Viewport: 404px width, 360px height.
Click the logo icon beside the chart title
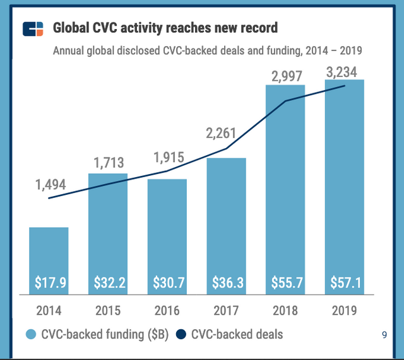pos(33,29)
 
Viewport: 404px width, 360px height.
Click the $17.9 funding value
pos(49,283)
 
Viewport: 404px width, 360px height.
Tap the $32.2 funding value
pos(108,283)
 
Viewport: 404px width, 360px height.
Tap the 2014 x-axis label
pos(49,311)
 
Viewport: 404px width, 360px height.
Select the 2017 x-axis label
pos(226,311)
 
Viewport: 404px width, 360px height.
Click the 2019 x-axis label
pos(345,311)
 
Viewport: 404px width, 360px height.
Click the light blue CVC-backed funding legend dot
pos(30,334)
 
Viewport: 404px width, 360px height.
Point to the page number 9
pos(384,335)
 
